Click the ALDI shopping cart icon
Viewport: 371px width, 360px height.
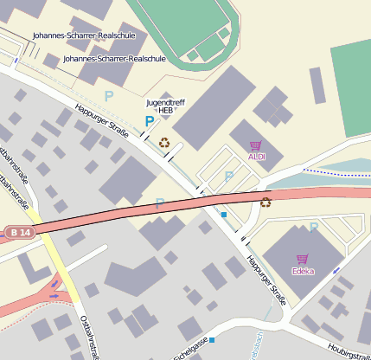(x=255, y=145)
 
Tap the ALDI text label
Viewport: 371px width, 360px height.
(x=257, y=157)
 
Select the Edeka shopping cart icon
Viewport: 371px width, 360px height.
(x=302, y=259)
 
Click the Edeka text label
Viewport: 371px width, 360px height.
(x=304, y=271)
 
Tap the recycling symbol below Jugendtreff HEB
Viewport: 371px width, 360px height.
(x=164, y=142)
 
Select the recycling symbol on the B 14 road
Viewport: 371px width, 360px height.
(x=265, y=202)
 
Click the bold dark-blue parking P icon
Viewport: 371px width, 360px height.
(x=150, y=122)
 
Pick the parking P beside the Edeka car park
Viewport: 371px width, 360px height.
(x=313, y=227)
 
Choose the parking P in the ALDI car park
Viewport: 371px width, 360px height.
(x=228, y=176)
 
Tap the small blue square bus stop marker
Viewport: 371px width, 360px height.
(x=223, y=214)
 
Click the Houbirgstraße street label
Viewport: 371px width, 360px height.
(x=350, y=352)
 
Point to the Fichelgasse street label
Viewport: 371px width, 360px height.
(x=192, y=348)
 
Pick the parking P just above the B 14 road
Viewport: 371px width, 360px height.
(x=159, y=203)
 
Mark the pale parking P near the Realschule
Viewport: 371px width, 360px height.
(x=109, y=95)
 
